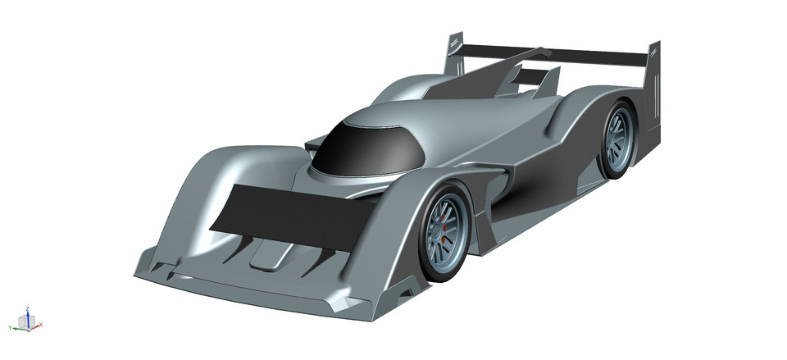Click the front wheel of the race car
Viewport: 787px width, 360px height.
444,232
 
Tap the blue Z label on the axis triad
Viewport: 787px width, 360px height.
27,308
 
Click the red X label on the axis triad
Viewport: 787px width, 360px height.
41,326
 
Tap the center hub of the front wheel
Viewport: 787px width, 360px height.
444,232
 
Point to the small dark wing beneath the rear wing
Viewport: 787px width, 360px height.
534,78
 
